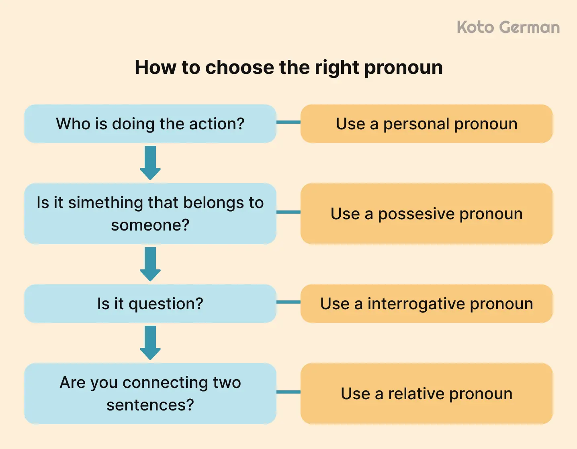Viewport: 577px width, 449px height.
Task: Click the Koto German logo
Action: click(x=508, y=28)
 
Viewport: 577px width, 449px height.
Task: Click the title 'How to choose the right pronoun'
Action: click(x=288, y=67)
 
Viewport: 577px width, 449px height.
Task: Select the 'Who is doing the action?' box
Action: click(x=150, y=124)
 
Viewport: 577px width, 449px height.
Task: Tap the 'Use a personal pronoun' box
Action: click(x=426, y=124)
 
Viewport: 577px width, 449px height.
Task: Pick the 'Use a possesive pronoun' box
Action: click(x=426, y=214)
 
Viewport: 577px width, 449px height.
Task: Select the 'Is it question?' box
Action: click(x=150, y=304)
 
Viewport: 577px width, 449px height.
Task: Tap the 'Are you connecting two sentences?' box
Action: click(x=150, y=394)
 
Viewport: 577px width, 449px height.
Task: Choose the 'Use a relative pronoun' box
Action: click(x=426, y=394)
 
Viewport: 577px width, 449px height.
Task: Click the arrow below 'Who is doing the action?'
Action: click(x=150, y=163)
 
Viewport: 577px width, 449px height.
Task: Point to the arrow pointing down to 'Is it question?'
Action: click(x=150, y=264)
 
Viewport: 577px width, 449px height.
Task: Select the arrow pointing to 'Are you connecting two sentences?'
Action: click(x=150, y=343)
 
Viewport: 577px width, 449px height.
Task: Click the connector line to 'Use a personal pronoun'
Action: click(x=288, y=122)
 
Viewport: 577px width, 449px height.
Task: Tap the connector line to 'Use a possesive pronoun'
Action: click(x=288, y=212)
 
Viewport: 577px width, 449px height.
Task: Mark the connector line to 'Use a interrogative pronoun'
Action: click(x=288, y=302)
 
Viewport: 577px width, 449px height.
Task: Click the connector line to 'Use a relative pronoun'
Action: click(x=288, y=392)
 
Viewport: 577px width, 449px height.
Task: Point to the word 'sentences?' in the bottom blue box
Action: click(x=150, y=405)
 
